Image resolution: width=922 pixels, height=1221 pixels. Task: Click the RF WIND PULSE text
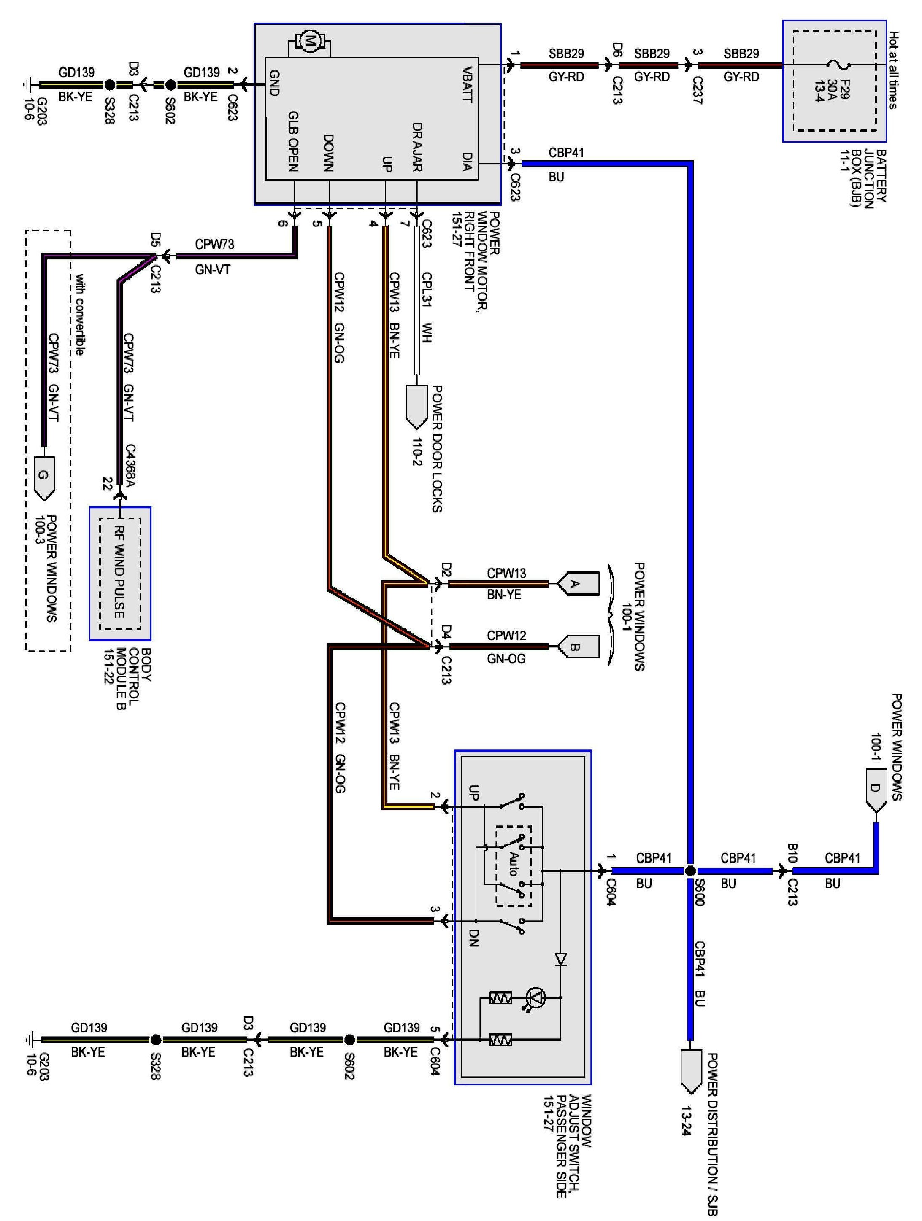119,572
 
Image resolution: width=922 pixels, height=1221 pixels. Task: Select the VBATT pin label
467,84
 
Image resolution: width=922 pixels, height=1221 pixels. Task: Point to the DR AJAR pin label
417,146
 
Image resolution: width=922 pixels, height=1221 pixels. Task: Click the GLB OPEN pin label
293,141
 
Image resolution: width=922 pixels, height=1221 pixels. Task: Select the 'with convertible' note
79,314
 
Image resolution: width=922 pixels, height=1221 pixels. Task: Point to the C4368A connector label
130,465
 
